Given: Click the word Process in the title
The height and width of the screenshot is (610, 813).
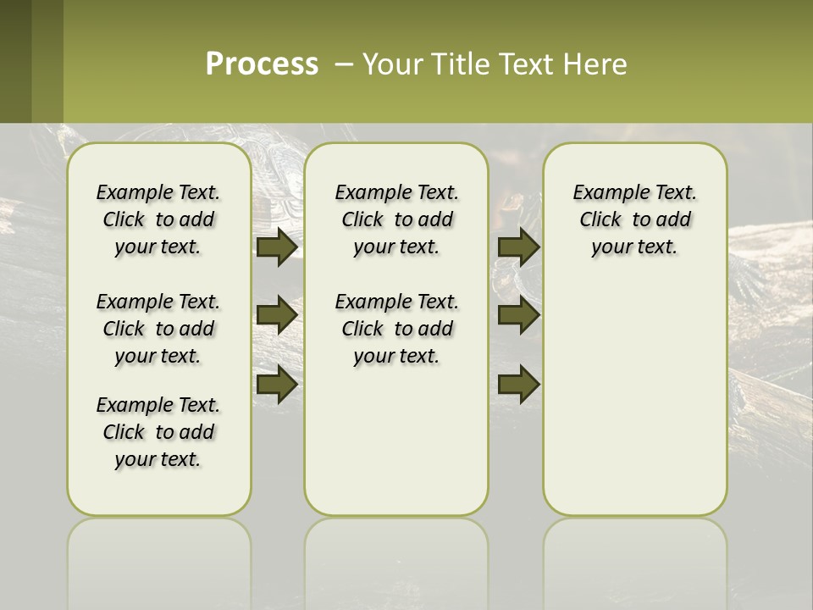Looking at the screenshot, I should (x=262, y=64).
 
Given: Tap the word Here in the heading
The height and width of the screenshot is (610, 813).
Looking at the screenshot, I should (x=597, y=64).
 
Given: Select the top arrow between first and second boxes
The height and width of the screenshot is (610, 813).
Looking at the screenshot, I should (x=277, y=247).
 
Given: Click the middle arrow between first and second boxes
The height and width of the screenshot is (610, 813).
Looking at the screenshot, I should (x=277, y=315).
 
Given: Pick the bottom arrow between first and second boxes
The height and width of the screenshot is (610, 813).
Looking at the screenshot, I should (x=277, y=385).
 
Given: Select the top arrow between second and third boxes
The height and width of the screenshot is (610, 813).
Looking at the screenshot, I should (x=518, y=247).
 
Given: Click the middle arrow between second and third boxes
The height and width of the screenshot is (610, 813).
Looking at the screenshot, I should (x=518, y=315).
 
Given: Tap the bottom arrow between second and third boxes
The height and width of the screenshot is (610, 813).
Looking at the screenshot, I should (x=518, y=385).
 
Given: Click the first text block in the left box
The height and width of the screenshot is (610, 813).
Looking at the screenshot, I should (x=158, y=219).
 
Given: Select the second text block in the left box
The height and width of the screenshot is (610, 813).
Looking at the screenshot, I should (x=158, y=329).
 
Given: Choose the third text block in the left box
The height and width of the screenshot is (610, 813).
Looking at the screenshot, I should (x=158, y=432).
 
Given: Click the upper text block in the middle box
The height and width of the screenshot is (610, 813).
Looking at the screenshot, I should (x=396, y=219).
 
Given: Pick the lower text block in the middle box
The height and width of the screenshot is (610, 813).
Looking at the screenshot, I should (x=396, y=329).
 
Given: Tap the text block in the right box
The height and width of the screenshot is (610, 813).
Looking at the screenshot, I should (x=634, y=219).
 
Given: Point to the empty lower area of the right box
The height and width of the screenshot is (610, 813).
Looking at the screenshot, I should (x=634, y=398).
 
